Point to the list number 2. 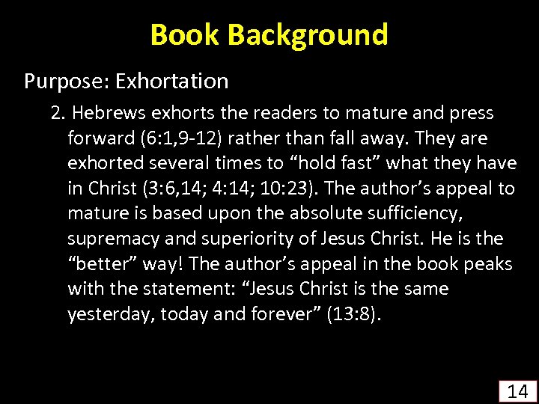tap(57, 113)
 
